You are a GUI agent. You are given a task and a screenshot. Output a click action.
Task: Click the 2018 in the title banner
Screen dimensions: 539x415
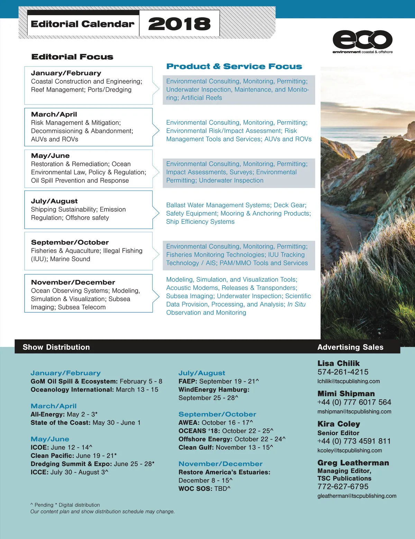point(179,24)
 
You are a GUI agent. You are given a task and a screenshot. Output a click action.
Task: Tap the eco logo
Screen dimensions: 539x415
point(362,40)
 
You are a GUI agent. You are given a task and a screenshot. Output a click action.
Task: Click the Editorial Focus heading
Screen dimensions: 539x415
point(72,57)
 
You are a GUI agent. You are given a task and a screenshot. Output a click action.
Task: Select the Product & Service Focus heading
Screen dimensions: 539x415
point(234,66)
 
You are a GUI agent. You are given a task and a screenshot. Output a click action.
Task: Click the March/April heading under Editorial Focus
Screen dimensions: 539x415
point(54,115)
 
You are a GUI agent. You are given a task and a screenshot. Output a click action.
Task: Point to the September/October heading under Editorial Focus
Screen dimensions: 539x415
point(70,243)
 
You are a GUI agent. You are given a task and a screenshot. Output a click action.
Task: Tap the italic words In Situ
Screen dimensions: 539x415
point(296,304)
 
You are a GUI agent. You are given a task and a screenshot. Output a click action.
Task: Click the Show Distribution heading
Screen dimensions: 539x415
point(56,347)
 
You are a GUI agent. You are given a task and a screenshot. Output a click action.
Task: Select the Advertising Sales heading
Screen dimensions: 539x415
point(350,347)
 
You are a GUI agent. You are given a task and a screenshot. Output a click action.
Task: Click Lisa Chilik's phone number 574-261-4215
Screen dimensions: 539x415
point(343,372)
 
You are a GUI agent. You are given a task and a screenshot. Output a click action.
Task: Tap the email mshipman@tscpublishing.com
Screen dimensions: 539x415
point(354,412)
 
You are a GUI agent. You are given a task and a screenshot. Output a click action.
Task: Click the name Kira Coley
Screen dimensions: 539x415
point(339,424)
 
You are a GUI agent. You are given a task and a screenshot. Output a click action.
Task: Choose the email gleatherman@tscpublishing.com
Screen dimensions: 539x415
point(357,496)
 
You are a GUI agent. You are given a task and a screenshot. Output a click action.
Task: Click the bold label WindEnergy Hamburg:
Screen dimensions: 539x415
point(214,390)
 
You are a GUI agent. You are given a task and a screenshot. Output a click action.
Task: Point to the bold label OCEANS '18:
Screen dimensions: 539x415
point(199,431)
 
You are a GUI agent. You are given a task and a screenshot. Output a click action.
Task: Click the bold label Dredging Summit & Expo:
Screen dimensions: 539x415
point(71,464)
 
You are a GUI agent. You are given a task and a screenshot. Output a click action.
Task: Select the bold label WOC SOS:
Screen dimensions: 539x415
point(195,489)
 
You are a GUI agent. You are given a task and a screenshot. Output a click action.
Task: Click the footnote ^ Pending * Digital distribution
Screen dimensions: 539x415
point(65,505)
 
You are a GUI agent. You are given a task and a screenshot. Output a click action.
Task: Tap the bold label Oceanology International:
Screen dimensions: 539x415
point(72,390)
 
